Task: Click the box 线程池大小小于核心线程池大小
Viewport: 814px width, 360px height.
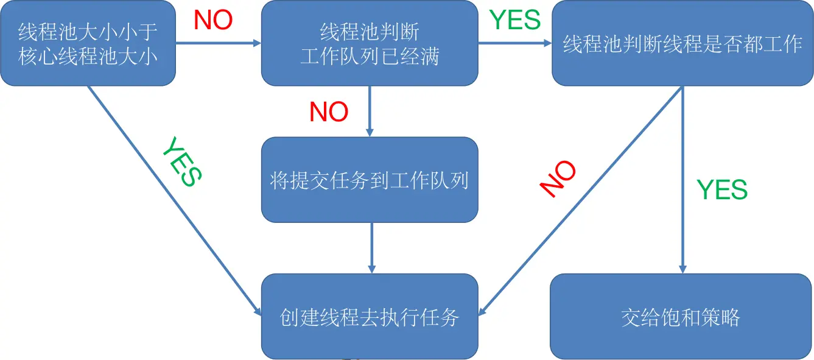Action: (x=88, y=43)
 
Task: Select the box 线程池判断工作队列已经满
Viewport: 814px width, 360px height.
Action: (x=370, y=43)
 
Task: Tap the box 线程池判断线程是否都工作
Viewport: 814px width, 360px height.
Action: (x=682, y=43)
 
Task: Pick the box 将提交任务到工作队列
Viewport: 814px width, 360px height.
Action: (x=370, y=180)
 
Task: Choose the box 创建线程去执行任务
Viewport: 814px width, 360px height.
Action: (x=370, y=316)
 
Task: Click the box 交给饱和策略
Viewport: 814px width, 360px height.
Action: (x=681, y=316)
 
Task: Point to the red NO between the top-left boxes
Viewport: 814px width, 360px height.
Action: (x=213, y=21)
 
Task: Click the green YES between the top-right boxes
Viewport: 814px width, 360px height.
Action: (x=515, y=20)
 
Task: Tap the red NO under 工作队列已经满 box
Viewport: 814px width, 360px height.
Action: (x=329, y=112)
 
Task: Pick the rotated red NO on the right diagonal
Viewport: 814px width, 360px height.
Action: (x=558, y=179)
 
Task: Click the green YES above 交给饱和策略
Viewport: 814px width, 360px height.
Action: (x=722, y=190)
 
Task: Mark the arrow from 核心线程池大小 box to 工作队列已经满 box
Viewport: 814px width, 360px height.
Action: (x=218, y=43)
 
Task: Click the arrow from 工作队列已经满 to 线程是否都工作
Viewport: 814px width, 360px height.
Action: (x=514, y=43)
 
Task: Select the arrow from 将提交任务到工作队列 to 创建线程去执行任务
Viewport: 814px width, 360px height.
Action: (x=371, y=247)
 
